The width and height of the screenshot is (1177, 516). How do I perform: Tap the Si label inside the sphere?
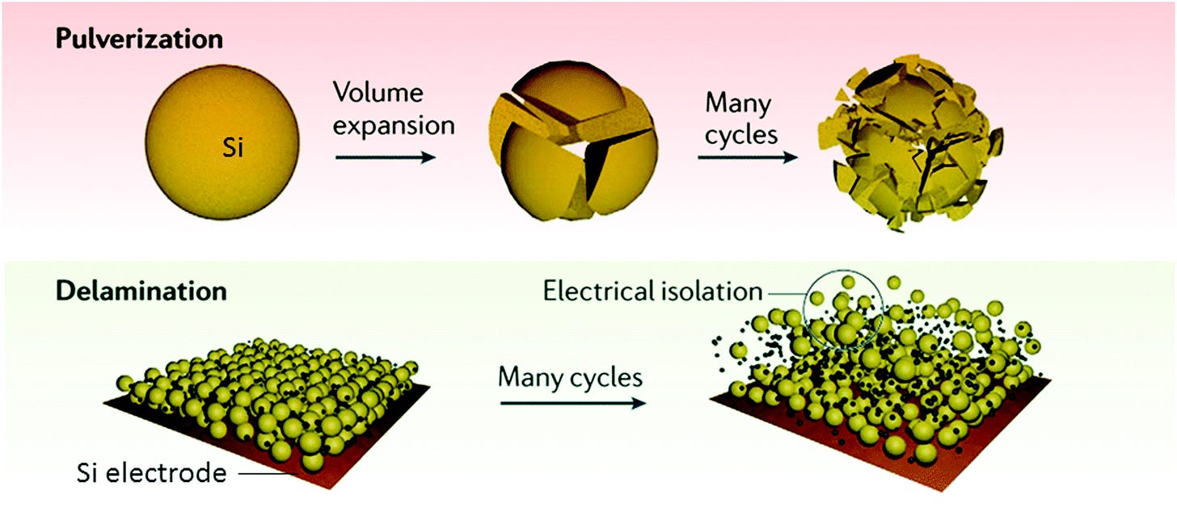point(233,149)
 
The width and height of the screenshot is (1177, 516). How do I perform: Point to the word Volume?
point(378,93)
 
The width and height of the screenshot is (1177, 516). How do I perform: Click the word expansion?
point(394,125)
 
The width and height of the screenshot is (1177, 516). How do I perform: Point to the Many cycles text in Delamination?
point(571,375)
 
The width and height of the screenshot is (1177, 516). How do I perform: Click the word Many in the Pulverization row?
point(738,104)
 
